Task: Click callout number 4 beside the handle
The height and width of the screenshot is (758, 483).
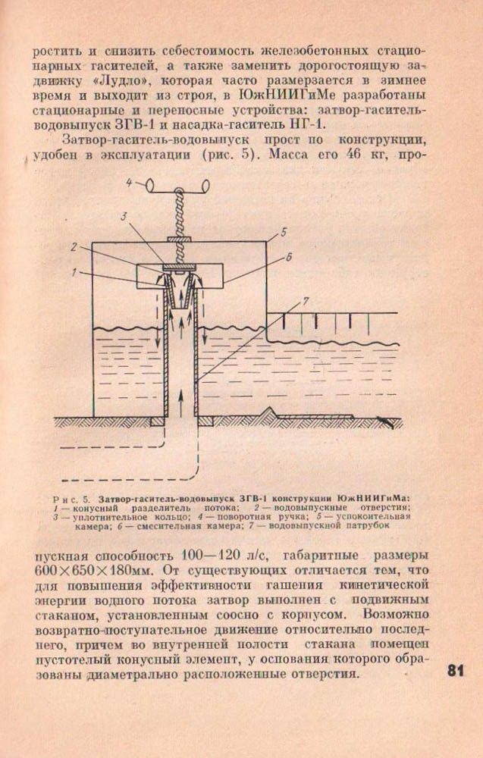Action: (x=129, y=183)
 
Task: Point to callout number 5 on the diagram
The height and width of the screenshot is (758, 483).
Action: (x=282, y=231)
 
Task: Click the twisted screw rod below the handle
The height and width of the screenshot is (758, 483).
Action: (x=181, y=212)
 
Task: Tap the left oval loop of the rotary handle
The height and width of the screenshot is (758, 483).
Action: (x=152, y=183)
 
